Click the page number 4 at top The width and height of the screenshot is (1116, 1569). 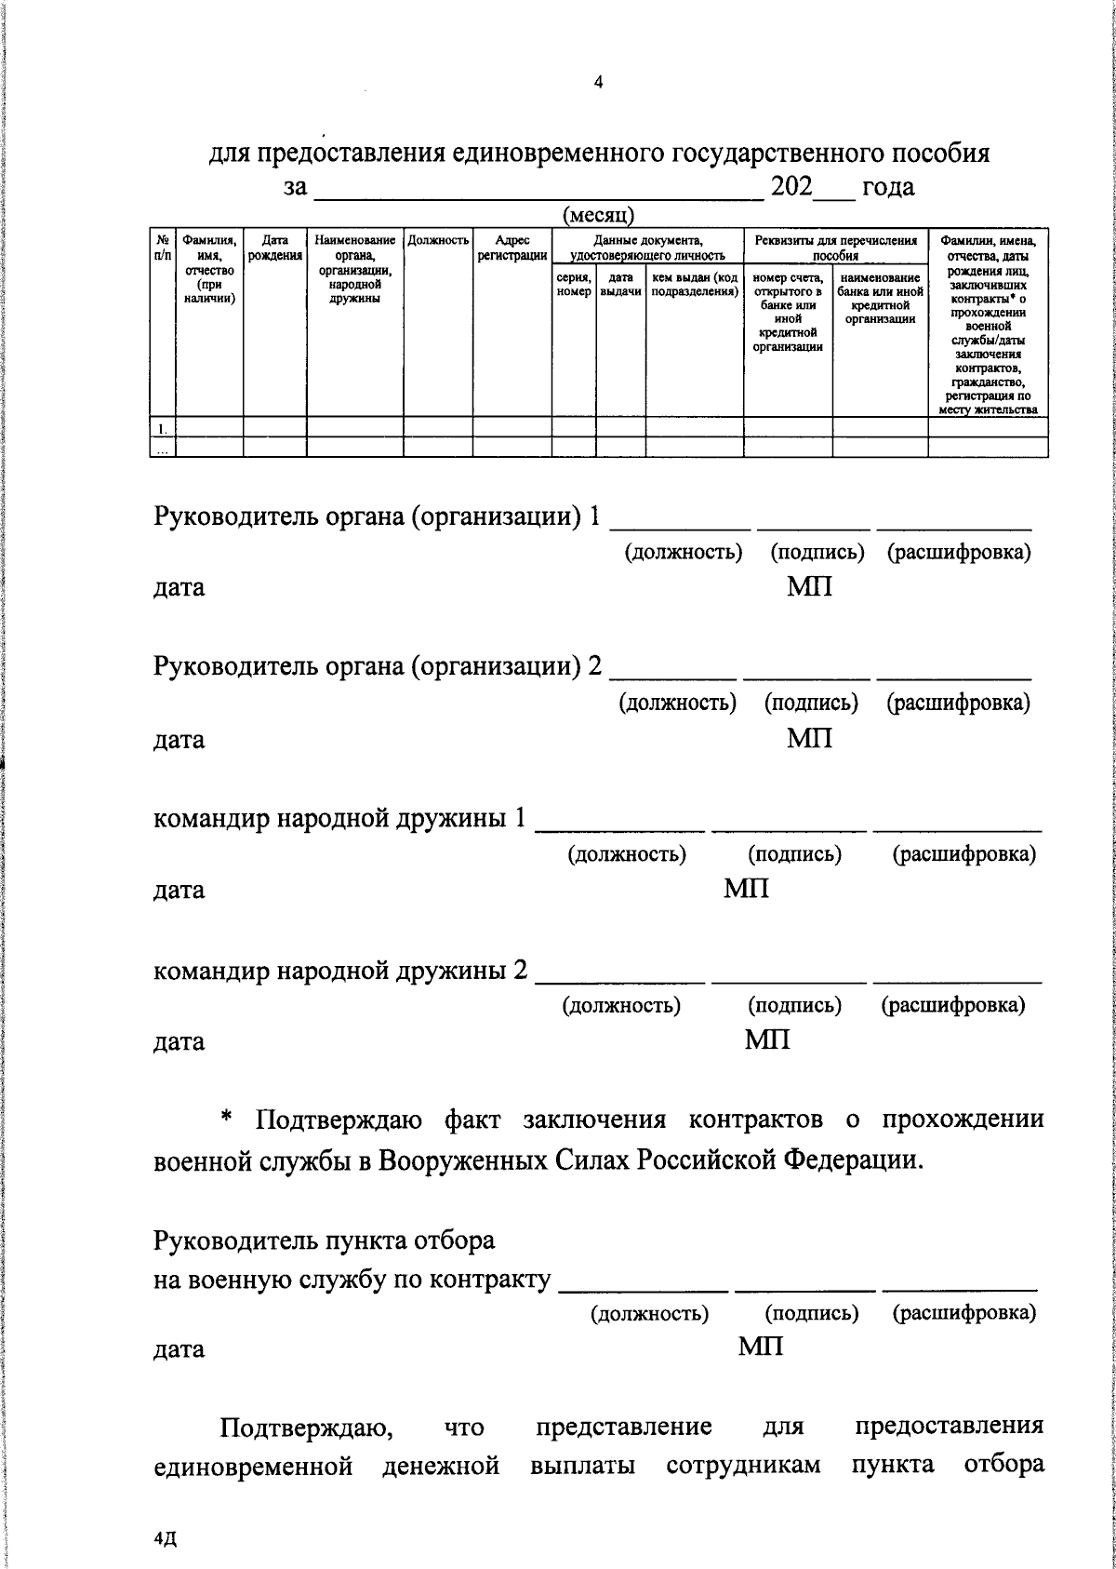coord(598,83)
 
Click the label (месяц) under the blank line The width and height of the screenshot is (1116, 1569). coord(599,215)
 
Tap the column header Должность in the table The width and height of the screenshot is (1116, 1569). coord(438,240)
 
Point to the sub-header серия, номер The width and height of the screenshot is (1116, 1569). coord(574,285)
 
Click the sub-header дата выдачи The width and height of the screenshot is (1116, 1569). coord(620,285)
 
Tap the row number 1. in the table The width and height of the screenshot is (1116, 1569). coord(162,428)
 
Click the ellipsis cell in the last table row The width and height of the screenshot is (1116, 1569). coord(162,448)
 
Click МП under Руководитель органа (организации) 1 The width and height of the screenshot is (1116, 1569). coord(809,587)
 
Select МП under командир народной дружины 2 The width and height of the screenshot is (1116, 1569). coord(767,1039)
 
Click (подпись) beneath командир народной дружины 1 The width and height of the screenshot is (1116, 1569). coord(794,853)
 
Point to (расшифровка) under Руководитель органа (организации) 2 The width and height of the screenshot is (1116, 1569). coord(958,703)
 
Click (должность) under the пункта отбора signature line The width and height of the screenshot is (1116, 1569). coord(650,1313)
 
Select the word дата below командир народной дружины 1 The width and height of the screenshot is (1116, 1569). coord(179,890)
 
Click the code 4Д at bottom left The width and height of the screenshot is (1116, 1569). coord(165,1541)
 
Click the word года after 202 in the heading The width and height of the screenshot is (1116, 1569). coord(888,186)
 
